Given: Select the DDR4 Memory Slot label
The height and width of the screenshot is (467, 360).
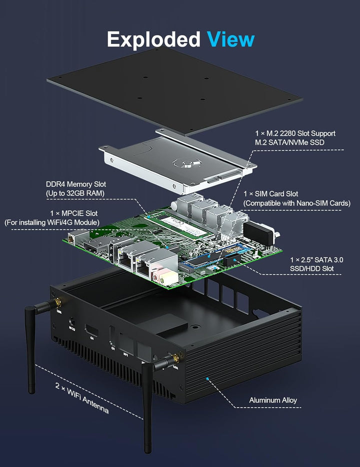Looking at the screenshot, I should coord(76,184).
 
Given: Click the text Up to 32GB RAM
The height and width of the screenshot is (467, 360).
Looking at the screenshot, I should coord(75,193).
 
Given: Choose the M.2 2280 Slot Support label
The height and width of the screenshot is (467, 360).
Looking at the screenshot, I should coord(295,133).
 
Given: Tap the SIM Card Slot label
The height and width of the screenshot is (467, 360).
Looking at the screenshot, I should coord(277,194).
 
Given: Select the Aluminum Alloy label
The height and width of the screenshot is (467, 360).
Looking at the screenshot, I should coord(273,400).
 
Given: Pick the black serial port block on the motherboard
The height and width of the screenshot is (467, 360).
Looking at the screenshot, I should coord(260,233).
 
